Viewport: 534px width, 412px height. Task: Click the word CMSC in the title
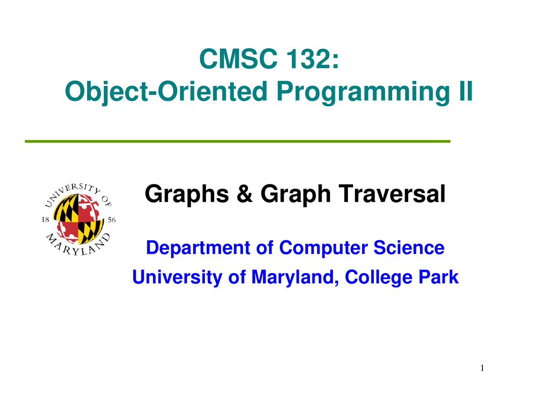point(238,59)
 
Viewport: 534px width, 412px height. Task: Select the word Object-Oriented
point(166,91)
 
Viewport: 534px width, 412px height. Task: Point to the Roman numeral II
point(465,91)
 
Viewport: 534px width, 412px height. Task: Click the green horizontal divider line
point(237,141)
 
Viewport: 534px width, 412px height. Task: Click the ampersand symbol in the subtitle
point(244,194)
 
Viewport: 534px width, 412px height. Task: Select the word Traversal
point(392,194)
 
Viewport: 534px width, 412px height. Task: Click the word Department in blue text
point(198,248)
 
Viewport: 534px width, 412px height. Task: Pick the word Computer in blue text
point(323,248)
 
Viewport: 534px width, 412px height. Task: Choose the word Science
point(409,247)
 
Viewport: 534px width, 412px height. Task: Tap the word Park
point(438,277)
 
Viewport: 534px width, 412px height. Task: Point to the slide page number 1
point(482,368)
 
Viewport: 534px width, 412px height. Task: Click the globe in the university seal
point(78,219)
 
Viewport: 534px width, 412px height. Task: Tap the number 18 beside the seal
point(45,220)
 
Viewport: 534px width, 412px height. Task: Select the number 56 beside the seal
point(111,220)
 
